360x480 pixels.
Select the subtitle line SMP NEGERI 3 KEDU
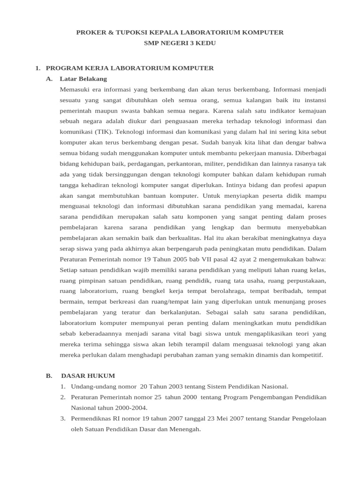[180, 43]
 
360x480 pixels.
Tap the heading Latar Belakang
[83, 79]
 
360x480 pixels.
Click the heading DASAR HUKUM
[88, 376]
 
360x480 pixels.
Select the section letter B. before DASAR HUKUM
[48, 376]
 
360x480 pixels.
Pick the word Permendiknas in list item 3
[91, 419]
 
